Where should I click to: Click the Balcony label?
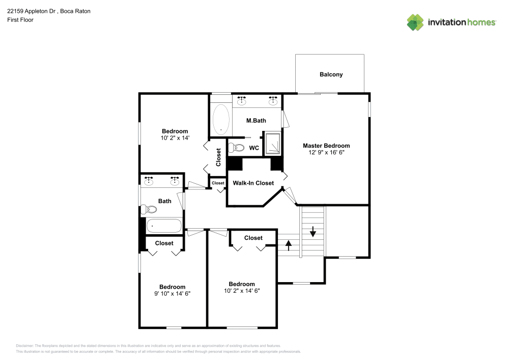pos(331,74)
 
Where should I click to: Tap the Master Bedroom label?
pos(326,146)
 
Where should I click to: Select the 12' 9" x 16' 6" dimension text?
pos(326,152)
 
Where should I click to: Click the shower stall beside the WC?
pos(272,144)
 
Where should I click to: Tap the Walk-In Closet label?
pos(253,183)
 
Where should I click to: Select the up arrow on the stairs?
pos(289,245)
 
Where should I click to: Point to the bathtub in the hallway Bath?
pos(163,226)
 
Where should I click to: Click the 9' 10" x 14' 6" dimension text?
pos(172,293)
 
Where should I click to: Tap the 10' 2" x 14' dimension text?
pos(175,138)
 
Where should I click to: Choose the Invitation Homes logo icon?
pos(415,22)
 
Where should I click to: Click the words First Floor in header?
pos(20,20)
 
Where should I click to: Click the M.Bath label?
pos(256,121)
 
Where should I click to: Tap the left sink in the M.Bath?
pos(242,101)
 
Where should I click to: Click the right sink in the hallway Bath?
pos(175,181)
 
